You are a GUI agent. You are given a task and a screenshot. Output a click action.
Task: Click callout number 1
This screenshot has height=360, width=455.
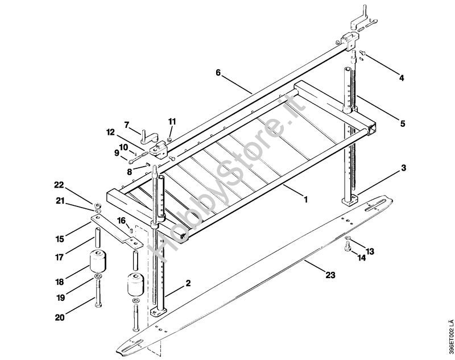tap(305, 200)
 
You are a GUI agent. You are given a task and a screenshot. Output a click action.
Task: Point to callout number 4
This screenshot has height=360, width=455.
tap(401, 78)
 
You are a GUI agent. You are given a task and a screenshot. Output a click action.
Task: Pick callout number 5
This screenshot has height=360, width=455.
tap(402, 122)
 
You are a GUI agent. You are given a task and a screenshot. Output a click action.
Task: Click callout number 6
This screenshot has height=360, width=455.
tap(218, 72)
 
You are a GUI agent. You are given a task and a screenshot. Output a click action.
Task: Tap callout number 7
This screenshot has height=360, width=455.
tap(127, 124)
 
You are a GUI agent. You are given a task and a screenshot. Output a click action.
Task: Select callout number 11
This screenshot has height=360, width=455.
tap(172, 121)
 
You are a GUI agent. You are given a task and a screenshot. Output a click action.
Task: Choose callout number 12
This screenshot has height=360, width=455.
tap(110, 133)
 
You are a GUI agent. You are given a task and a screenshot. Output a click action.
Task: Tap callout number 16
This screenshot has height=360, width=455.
tap(122, 220)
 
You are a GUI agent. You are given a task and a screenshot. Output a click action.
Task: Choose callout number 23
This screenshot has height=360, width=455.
tap(330, 275)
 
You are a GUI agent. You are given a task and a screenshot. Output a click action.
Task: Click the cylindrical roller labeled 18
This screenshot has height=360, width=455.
tap(98, 263)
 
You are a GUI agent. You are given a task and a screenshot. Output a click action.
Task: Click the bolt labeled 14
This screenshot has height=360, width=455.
tap(348, 246)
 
